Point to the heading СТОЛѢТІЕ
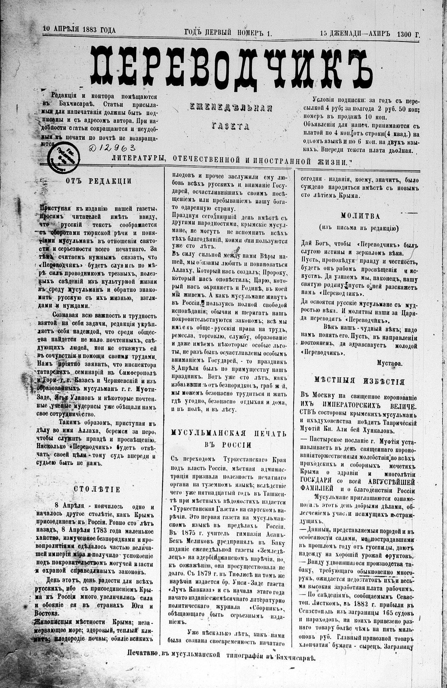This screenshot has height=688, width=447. click(x=97, y=489)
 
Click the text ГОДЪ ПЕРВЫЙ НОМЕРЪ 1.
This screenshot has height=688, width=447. click(x=228, y=33)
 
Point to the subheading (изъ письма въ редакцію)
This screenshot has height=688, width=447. click(x=357, y=228)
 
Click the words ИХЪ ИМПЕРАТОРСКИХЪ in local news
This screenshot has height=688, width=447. click(x=339, y=404)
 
